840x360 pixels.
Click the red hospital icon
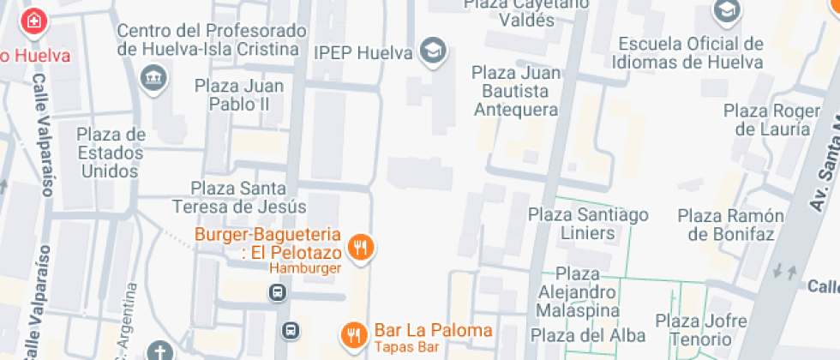click(x=33, y=20)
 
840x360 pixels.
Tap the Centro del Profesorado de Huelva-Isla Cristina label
click(x=212, y=40)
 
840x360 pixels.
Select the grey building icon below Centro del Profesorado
click(x=154, y=79)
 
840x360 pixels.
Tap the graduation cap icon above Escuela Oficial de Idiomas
click(x=725, y=11)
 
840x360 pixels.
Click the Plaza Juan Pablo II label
click(x=232, y=95)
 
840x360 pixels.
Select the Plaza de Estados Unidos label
click(x=111, y=153)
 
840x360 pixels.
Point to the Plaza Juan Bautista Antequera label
click(x=516, y=91)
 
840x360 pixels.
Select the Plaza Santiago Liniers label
click(x=588, y=223)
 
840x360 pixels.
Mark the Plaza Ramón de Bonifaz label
click(x=731, y=225)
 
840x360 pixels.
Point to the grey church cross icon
click(x=159, y=351)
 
